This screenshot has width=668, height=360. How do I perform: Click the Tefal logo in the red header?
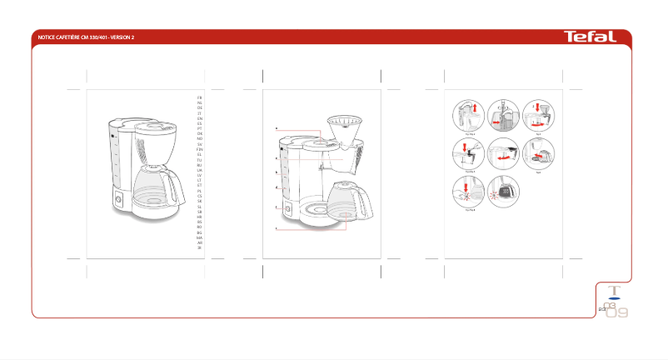[590, 37]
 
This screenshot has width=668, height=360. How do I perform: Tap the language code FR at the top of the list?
[200, 98]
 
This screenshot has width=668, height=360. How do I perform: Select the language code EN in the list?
[200, 120]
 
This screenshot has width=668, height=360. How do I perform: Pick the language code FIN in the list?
[200, 149]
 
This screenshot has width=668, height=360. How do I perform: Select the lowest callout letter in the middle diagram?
[277, 227]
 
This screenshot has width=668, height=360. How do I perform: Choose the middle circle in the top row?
[503, 115]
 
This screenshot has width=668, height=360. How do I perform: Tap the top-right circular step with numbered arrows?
[538, 115]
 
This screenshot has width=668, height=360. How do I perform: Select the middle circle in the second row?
[503, 154]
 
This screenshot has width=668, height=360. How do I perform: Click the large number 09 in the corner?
[617, 313]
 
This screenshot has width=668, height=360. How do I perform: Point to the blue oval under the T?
[615, 297]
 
